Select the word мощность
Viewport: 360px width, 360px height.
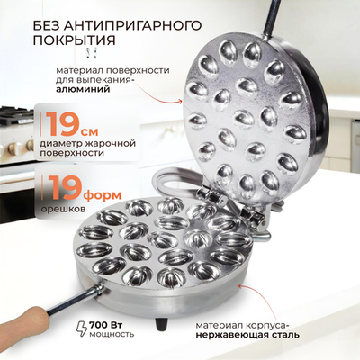[x=113, y=334]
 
